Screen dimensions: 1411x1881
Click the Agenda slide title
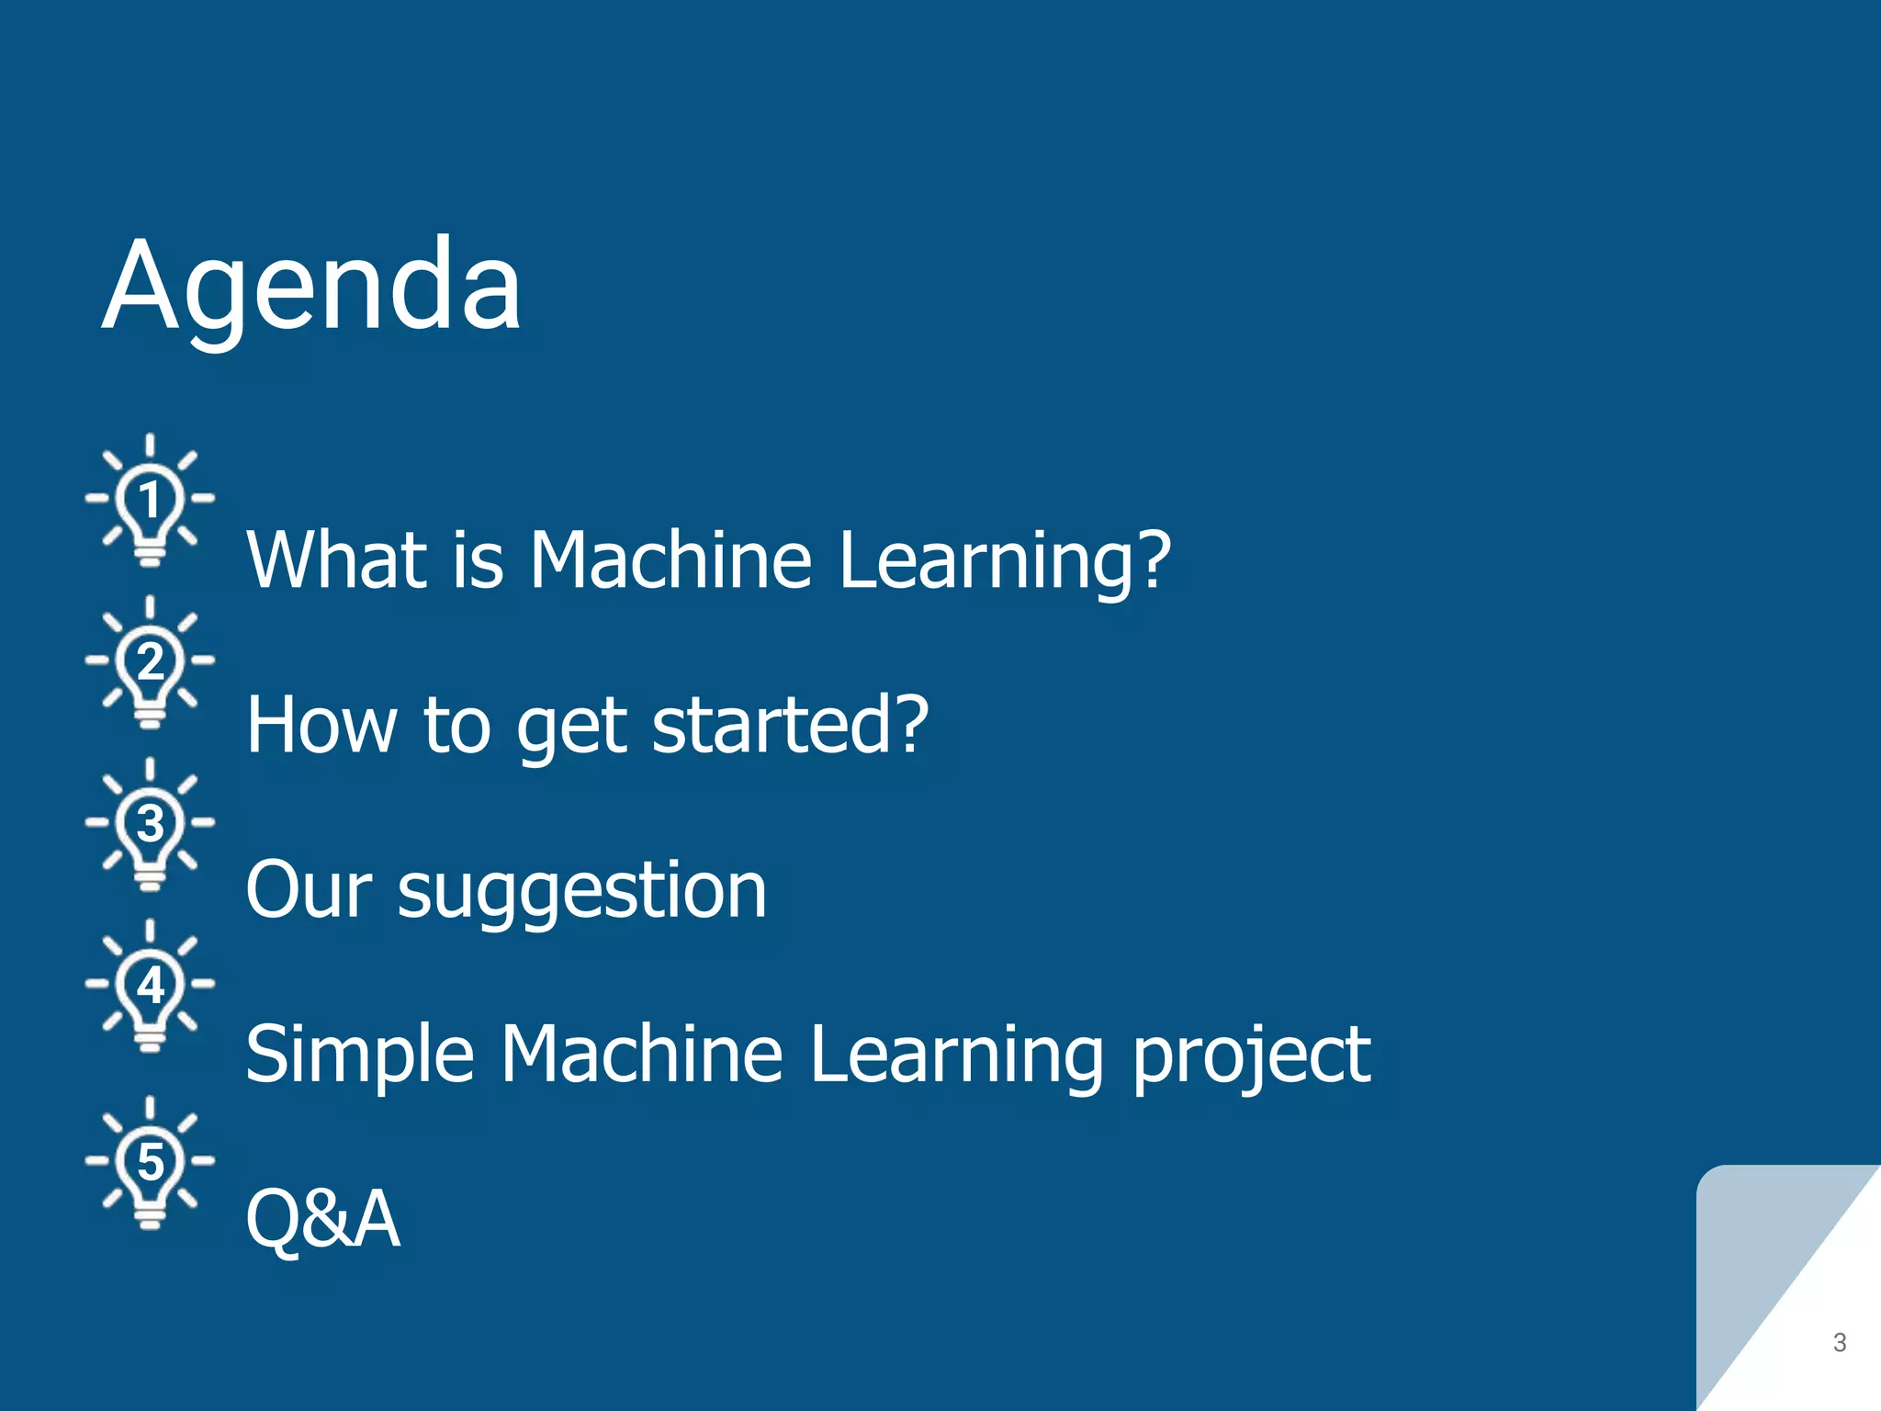(x=312, y=287)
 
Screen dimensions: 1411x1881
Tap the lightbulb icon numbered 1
(x=150, y=502)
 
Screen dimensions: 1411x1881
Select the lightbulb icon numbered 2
(x=150, y=663)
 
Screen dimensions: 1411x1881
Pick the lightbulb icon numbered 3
(x=150, y=825)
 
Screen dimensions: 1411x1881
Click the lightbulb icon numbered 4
(x=150, y=987)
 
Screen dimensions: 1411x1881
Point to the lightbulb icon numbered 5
(x=150, y=1163)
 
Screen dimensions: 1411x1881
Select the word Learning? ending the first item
(x=1005, y=562)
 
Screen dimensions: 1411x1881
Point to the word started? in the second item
(x=790, y=725)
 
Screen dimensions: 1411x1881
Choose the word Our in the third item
(x=309, y=890)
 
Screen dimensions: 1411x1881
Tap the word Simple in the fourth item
(x=359, y=1056)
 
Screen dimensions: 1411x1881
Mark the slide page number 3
(x=1839, y=1342)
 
